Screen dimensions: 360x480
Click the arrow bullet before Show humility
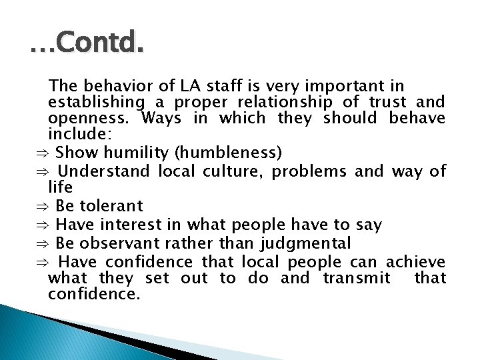[41, 154]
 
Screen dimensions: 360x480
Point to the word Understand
[103, 171]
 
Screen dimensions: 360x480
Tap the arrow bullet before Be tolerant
[41, 207]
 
